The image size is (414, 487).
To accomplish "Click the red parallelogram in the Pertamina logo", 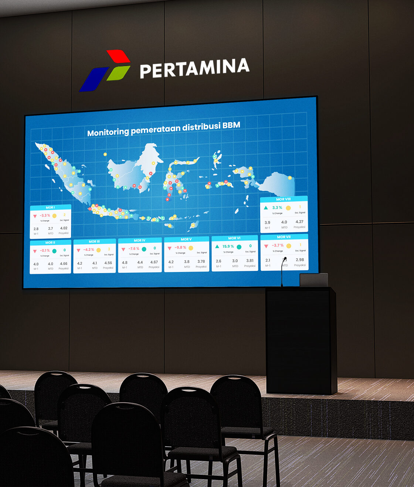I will point(118,56).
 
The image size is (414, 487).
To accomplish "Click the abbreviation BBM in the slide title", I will point(231,125).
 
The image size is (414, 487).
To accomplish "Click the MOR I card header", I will point(50,207).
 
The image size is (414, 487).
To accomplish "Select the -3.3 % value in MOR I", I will point(45,215).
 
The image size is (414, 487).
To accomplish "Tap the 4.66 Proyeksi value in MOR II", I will point(64,264).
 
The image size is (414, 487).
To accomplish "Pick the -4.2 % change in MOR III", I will point(89,249).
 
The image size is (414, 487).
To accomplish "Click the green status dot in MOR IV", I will point(144,249).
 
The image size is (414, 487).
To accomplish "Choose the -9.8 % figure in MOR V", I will point(181,248).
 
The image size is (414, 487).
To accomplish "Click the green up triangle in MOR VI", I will point(217,246).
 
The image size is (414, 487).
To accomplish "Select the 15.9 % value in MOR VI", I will point(228,246).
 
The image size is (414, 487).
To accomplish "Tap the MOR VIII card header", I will point(284,199).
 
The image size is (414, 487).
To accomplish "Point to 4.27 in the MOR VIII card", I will point(299,222).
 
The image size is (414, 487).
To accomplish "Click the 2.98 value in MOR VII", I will point(300,260).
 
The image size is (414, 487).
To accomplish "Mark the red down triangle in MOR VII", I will point(266,246).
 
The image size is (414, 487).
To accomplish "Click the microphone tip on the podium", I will point(285,258).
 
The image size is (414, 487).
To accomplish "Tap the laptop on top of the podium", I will point(313,280).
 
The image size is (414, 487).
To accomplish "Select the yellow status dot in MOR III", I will point(99,250).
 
